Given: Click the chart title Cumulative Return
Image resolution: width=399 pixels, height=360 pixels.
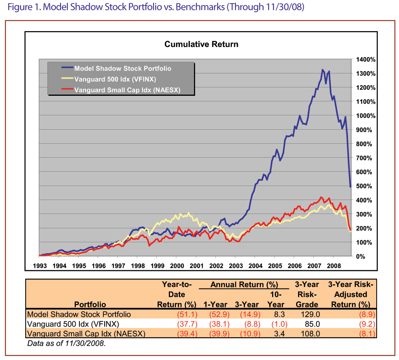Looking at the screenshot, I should (201, 44).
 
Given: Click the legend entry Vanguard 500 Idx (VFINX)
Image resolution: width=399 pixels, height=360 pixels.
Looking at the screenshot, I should (112, 79).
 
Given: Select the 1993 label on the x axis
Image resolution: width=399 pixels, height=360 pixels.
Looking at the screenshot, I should (40, 265).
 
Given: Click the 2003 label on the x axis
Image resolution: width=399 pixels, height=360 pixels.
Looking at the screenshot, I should (235, 265).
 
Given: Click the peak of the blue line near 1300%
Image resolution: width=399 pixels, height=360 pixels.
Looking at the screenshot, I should (322, 70).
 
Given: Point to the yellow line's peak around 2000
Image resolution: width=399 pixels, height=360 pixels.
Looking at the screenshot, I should (189, 213).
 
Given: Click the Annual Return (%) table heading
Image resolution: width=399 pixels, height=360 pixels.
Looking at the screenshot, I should (244, 285).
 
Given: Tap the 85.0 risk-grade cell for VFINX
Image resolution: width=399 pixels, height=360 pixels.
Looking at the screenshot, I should (312, 324).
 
